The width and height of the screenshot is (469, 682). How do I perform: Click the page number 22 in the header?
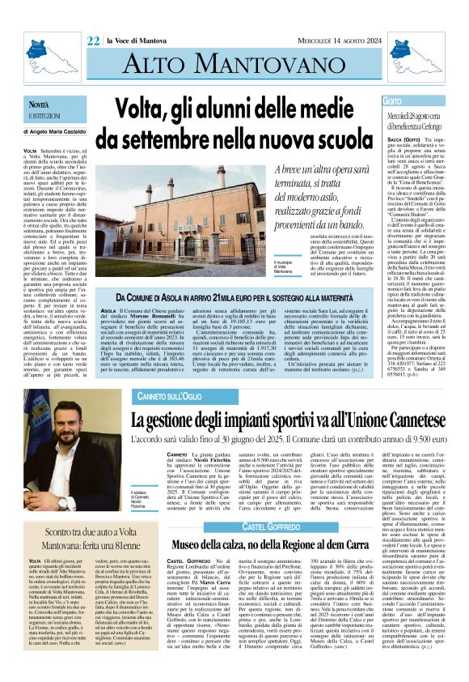pyautogui.click(x=93, y=19)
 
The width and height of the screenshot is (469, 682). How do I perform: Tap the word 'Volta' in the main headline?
pyautogui.click(x=142, y=109)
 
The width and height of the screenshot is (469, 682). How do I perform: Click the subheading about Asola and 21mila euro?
pyautogui.click(x=235, y=300)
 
